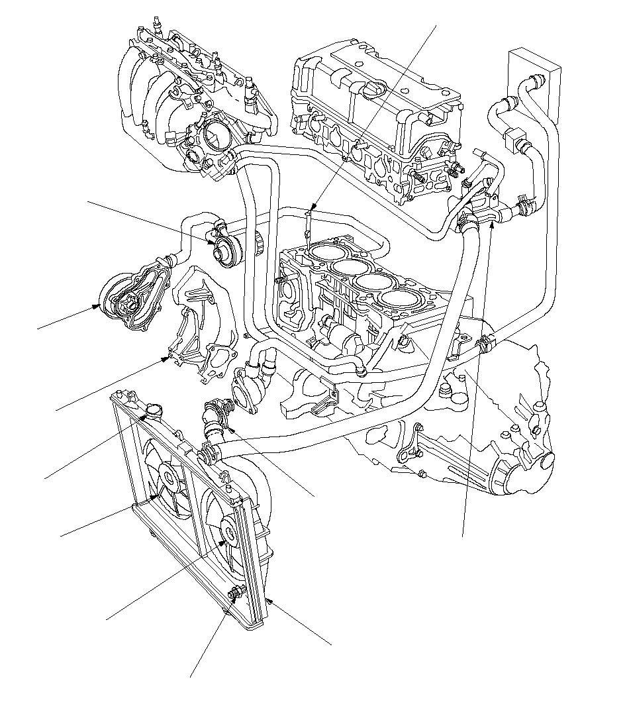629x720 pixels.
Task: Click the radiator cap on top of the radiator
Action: pos(154,409)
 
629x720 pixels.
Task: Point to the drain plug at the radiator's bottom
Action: pos(235,594)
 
